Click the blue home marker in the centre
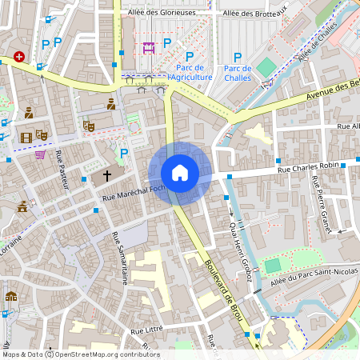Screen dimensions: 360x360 (x=180, y=173)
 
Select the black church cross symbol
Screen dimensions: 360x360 (x=107, y=175)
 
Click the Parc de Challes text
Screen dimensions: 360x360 (x=237, y=73)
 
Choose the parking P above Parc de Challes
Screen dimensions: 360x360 (x=237, y=57)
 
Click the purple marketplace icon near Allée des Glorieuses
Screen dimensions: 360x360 (x=149, y=47)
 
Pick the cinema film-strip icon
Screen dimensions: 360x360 (x=26, y=138)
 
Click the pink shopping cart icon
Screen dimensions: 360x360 (x=40, y=154)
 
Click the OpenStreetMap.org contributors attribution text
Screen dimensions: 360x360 (x=106, y=354)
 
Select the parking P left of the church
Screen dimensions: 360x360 (x=123, y=153)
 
